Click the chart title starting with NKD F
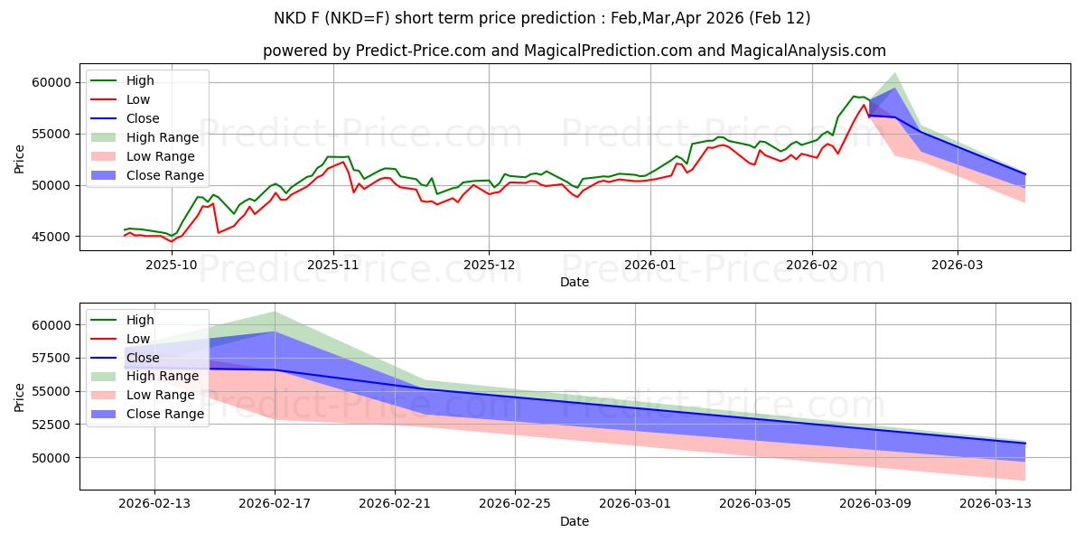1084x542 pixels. (x=542, y=18)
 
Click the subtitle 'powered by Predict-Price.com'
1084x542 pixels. (x=575, y=51)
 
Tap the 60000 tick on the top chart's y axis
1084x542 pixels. (x=57, y=82)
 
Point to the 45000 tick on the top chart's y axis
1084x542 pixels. (x=57, y=237)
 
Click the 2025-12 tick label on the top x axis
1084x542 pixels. (x=489, y=265)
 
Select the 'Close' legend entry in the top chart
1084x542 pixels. (x=143, y=118)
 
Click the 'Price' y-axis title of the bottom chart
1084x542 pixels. (x=20, y=397)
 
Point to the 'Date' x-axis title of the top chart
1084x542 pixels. (x=575, y=282)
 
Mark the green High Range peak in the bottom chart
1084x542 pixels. (x=275, y=312)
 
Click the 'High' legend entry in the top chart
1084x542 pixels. (x=140, y=80)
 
